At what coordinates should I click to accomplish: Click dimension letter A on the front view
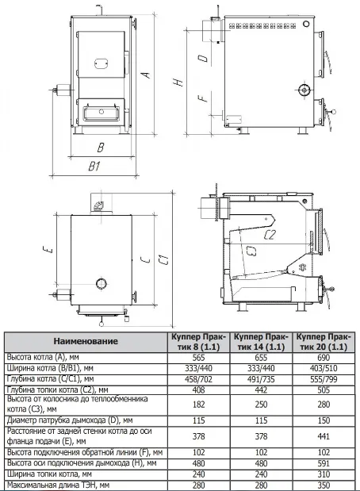pyautogui.click(x=146, y=75)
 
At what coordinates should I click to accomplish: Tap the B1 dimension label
pyautogui.click(x=94, y=165)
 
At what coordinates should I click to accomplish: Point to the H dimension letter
pyautogui.click(x=178, y=82)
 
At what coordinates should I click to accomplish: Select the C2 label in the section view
pyautogui.click(x=270, y=235)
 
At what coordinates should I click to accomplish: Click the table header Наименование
pyautogui.click(x=86, y=341)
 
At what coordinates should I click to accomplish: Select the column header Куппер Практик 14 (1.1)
pyautogui.click(x=261, y=342)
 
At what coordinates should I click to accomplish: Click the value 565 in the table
pyautogui.click(x=199, y=358)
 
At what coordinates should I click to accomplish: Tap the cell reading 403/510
pyautogui.click(x=324, y=368)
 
